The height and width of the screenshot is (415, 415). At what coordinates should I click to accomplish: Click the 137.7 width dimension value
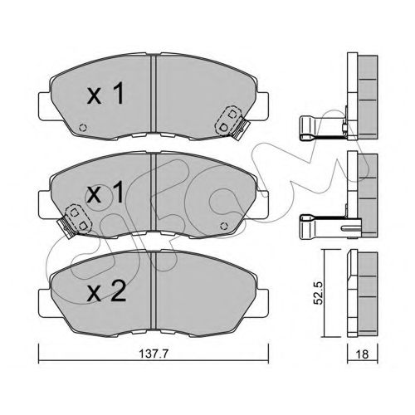[154, 354]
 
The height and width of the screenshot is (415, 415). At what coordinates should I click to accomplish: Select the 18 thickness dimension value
[363, 354]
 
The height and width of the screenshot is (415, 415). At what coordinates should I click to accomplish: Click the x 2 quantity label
[106, 291]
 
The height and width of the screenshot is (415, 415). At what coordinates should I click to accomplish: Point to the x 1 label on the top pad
[105, 95]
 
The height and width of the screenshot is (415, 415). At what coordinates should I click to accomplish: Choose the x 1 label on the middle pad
[105, 193]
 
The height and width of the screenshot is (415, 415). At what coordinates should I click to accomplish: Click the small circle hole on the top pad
[83, 128]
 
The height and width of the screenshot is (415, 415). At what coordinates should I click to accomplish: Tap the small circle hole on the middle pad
[224, 226]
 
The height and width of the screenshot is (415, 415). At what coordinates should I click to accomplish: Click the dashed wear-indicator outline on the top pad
[228, 121]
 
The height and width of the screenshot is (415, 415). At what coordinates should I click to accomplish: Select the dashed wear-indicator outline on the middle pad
[78, 219]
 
